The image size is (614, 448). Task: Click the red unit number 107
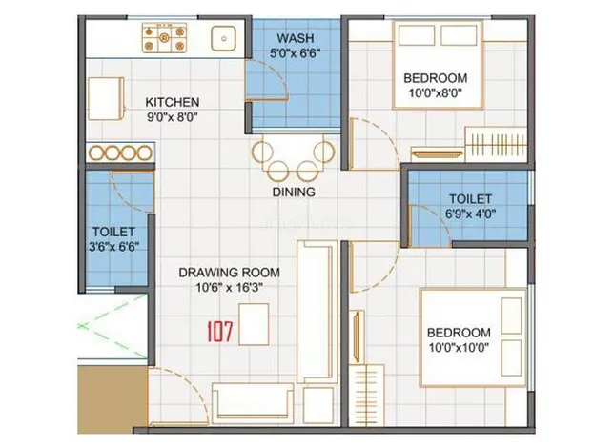[219, 332]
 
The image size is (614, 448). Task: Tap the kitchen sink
[224, 38]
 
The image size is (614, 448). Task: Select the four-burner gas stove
[164, 37]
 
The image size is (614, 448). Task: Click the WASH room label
[296, 38]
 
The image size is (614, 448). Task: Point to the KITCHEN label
[173, 102]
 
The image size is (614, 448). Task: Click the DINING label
[294, 192]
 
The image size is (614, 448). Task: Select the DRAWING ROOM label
[229, 273]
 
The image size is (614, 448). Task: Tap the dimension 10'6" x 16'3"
[229, 288]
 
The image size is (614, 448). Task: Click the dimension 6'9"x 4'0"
[471, 214]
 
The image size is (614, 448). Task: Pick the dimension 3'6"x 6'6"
[114, 246]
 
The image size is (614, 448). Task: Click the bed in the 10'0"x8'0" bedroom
[438, 65]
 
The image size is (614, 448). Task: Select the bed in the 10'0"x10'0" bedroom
[473, 337]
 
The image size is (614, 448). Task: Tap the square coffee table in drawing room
[254, 324]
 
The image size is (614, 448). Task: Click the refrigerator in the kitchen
[106, 99]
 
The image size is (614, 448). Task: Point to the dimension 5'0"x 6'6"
[296, 52]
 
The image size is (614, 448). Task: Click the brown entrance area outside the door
[113, 399]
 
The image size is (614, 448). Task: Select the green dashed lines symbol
[113, 326]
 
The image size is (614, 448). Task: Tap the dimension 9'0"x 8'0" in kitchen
[173, 116]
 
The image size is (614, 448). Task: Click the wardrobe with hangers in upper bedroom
[496, 145]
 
